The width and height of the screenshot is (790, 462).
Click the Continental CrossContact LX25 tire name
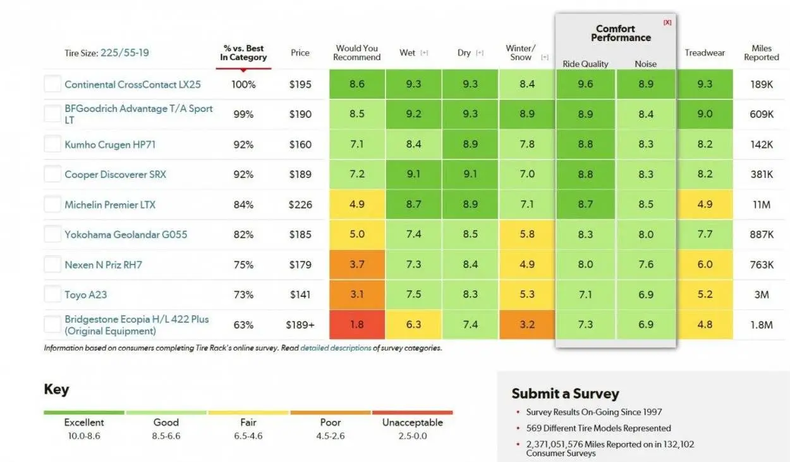[x=132, y=84]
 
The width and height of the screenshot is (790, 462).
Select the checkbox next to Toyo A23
[x=52, y=294]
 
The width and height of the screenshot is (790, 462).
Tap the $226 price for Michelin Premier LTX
[x=300, y=204]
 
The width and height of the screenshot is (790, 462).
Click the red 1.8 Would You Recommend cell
[x=356, y=325]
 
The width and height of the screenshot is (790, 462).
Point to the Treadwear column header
[x=705, y=53]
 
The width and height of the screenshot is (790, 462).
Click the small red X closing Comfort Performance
[x=667, y=22]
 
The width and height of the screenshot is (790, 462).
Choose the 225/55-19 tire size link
[x=125, y=53]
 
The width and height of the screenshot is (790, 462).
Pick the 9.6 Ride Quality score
[x=585, y=84]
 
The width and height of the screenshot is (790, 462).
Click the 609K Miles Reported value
[x=762, y=114]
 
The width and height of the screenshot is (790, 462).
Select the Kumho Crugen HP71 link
[x=110, y=144]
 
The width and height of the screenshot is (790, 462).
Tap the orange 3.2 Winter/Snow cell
[x=527, y=325]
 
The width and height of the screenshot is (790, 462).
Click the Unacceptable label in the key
[x=412, y=422]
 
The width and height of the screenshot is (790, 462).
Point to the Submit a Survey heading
[x=565, y=393]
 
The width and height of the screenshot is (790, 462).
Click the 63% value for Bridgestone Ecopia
[x=243, y=325]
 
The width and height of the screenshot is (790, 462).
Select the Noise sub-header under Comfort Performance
[x=645, y=64]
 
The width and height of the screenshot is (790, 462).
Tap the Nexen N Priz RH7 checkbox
[x=52, y=265]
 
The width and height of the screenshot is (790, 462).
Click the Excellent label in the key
[x=84, y=422]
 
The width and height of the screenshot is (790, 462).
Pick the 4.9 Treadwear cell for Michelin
[x=705, y=204]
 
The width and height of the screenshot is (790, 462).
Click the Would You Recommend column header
[x=356, y=53]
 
